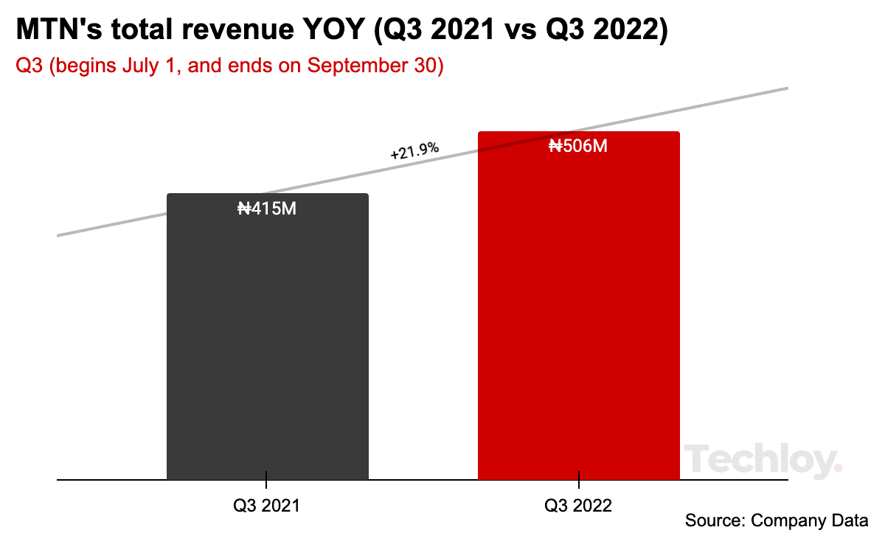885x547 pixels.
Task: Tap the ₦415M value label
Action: point(267,209)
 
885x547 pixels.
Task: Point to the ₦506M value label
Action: point(578,147)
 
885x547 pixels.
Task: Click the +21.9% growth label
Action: point(414,152)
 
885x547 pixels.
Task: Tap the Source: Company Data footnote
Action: point(777,520)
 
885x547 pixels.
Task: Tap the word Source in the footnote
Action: point(712,520)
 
